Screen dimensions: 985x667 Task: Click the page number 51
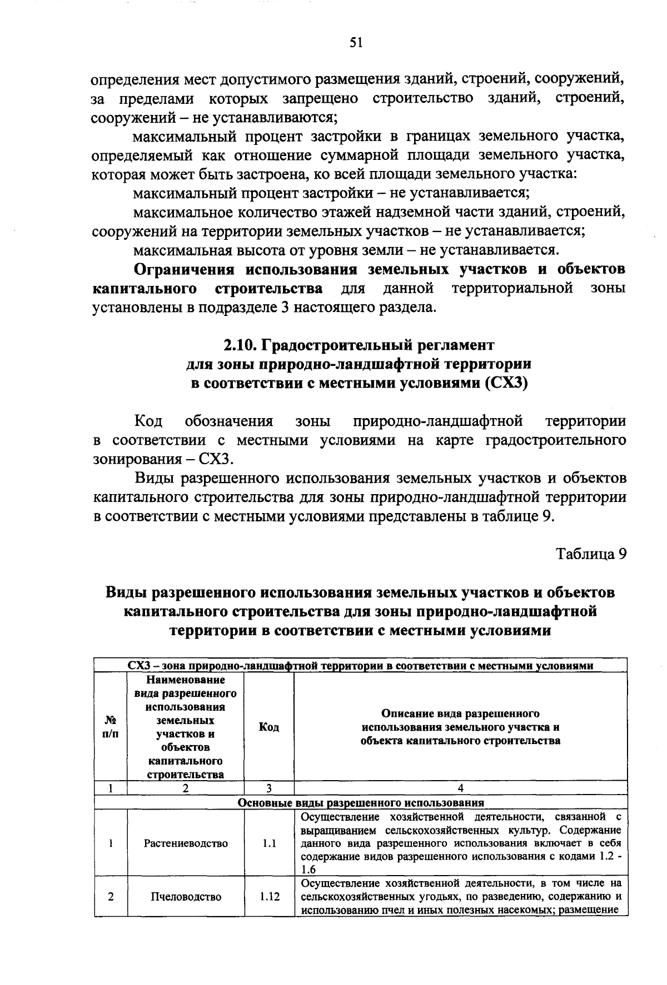[356, 43]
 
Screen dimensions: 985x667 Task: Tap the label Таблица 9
[591, 554]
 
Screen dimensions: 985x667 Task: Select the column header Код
[269, 727]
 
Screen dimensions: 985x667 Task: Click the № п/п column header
[111, 727]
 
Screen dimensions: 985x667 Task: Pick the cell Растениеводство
[186, 843]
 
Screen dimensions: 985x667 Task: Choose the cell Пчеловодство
[186, 897]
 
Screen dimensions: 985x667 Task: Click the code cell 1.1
[269, 843]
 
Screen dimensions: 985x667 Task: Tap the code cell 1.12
[269, 897]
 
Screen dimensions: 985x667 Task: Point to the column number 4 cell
[460, 788]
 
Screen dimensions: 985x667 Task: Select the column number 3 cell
[269, 788]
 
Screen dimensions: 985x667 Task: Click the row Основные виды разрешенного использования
[361, 802]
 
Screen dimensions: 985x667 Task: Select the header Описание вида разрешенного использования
[460, 727]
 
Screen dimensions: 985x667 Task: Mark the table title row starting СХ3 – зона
[361, 665]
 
